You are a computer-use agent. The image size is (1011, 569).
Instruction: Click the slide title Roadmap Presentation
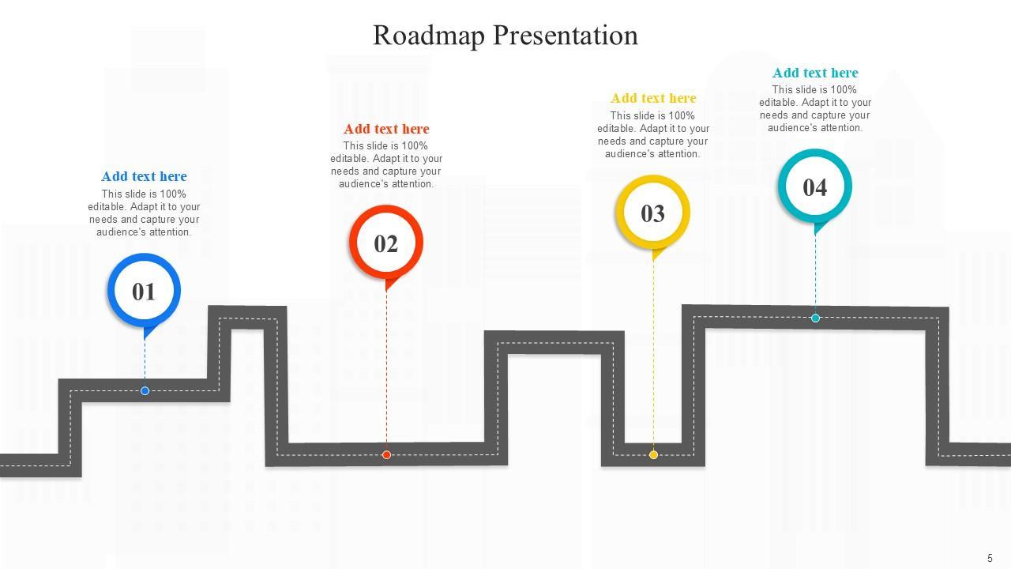pos(505,36)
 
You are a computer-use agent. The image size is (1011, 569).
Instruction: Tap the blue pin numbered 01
pos(144,292)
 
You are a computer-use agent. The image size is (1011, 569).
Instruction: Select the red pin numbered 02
pos(385,243)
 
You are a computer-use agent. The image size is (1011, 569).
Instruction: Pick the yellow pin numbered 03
pos(652,213)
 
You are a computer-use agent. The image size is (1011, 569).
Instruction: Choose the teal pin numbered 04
pos(814,187)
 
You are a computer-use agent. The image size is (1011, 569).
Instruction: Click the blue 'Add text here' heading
pos(144,176)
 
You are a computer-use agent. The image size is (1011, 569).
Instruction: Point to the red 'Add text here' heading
pos(386,129)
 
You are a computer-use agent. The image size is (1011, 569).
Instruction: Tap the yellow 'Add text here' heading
pos(653,98)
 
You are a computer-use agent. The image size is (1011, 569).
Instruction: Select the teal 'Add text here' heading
pos(815,73)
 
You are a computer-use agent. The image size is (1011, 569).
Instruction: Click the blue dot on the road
pos(145,390)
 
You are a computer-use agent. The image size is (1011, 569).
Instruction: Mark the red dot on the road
pos(386,454)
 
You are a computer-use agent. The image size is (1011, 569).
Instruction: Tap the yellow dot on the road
pos(653,454)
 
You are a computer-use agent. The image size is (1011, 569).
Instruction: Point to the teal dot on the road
pos(815,318)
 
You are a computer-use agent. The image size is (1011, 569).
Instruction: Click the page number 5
pos(990,557)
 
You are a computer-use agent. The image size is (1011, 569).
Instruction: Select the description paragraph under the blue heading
pos(144,213)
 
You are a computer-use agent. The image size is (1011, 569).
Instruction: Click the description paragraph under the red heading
pos(386,165)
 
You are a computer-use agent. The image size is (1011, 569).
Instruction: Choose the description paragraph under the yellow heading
pos(653,135)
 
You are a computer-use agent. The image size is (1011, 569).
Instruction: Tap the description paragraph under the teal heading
pos(815,109)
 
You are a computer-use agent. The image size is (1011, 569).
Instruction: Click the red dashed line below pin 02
pos(386,371)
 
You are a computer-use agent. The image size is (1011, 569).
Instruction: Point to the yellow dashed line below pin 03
pos(653,356)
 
